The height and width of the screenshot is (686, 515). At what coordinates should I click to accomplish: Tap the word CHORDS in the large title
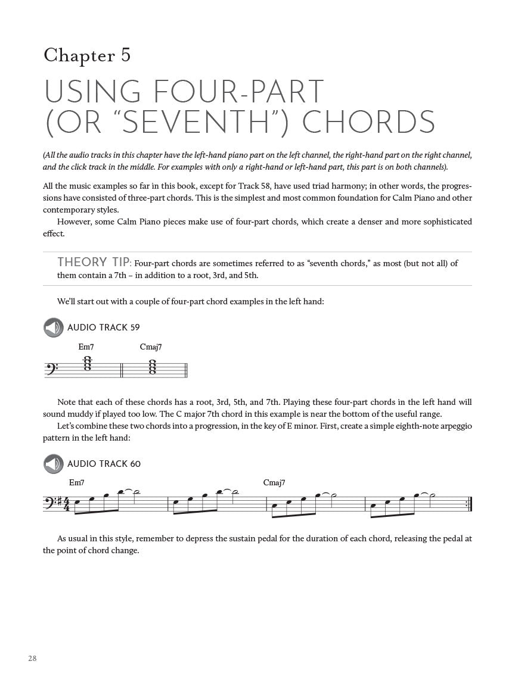(x=369, y=122)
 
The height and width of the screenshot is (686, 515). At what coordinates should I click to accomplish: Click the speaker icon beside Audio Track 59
(x=53, y=328)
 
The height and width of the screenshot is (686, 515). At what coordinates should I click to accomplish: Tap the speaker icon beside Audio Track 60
(x=53, y=464)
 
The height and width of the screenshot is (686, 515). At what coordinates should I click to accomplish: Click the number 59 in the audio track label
(x=134, y=328)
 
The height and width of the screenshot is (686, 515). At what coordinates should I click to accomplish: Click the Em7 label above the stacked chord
(x=86, y=347)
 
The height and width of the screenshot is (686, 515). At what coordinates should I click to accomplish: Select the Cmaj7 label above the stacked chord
(x=151, y=347)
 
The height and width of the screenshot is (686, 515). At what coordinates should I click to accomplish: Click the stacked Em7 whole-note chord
(x=88, y=364)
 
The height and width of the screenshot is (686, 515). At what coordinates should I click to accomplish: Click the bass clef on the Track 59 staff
(x=52, y=369)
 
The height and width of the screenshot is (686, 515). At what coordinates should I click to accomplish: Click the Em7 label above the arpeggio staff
(x=77, y=482)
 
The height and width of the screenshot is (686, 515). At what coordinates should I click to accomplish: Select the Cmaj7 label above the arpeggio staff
(x=274, y=482)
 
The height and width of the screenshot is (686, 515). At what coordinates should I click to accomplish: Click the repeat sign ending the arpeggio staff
(x=470, y=504)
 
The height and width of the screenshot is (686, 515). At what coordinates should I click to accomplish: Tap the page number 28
(x=32, y=658)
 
